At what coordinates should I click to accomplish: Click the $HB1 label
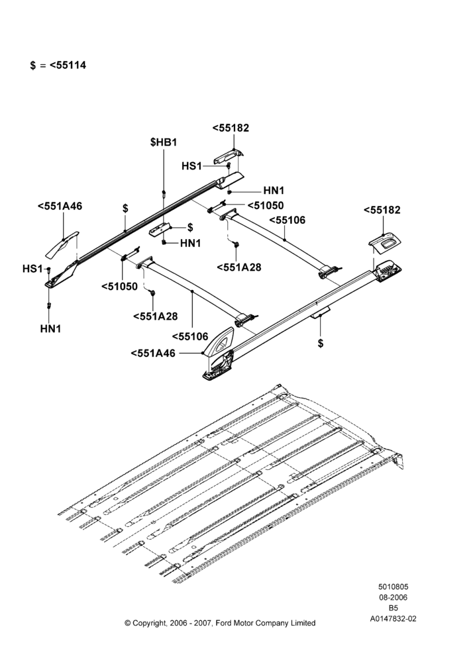coord(164,142)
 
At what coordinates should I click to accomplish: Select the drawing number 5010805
coord(393,587)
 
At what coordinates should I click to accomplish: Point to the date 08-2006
coord(393,597)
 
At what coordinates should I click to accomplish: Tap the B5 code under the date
coord(393,608)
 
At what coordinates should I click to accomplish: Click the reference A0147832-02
coord(393,620)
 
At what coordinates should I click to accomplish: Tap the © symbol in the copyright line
coord(127,623)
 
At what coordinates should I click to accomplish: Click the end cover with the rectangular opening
coord(385,244)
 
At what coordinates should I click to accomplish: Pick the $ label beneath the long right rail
coord(320,343)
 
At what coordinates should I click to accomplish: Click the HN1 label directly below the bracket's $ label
coord(190,243)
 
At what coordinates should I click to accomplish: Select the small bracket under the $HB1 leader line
coord(159,229)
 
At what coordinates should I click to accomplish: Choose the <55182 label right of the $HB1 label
coord(231,128)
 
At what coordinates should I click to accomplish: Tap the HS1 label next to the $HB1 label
coord(191,166)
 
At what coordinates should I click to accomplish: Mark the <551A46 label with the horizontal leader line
coord(153,353)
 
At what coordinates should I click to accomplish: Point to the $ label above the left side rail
coord(125,208)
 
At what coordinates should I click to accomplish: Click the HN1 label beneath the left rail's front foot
coord(51,328)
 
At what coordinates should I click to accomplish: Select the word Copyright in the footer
coord(151,623)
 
